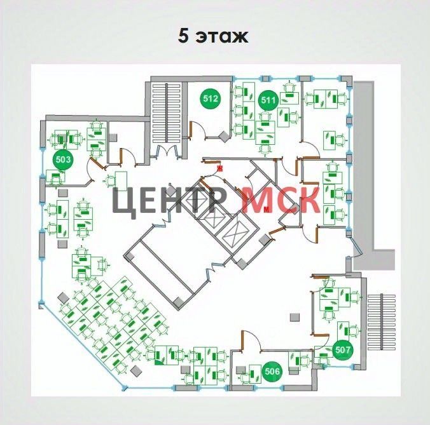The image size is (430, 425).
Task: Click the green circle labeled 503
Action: [63, 159]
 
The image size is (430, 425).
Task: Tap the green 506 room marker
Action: [272, 372]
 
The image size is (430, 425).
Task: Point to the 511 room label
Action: [268, 99]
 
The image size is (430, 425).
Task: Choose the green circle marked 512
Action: [211, 99]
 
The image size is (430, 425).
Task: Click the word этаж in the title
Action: [222, 36]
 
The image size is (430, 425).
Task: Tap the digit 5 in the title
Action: [184, 36]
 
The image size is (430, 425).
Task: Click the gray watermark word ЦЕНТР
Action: [170, 200]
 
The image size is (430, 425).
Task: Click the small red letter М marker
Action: [267, 208]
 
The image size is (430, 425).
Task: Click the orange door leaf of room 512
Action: [190, 130]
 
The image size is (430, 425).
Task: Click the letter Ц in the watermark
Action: [123, 200]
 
